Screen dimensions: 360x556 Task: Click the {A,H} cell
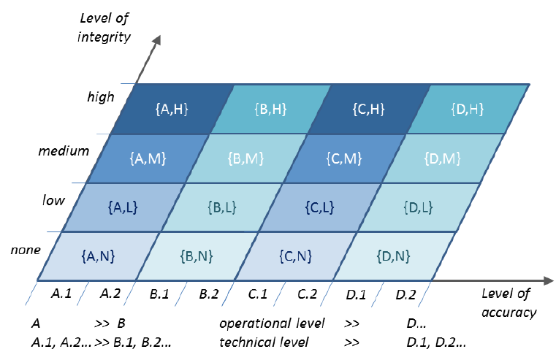tap(172, 110)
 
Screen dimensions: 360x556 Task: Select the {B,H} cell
tap(271, 110)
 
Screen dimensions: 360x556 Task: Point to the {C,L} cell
tap(320, 207)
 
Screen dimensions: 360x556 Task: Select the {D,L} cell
tap(418, 207)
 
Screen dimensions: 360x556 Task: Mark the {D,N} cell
tap(393, 256)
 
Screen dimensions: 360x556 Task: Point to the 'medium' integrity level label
tap(64, 151)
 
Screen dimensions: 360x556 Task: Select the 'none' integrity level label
tap(25, 250)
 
